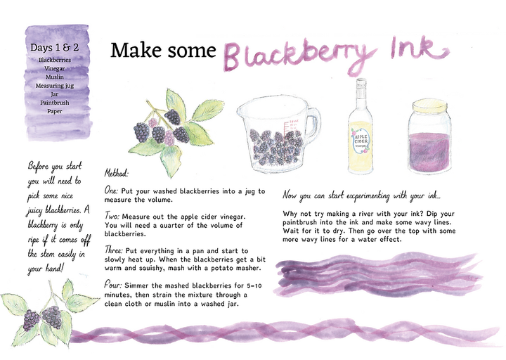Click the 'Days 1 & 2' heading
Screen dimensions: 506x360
[x=54, y=48]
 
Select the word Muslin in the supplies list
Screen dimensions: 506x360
[x=55, y=77]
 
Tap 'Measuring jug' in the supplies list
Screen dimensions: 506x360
[x=55, y=86]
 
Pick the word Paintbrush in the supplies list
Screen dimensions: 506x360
[x=55, y=103]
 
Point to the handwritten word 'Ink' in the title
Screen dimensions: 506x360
[x=420, y=49]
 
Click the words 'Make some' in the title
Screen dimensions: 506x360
[x=163, y=51]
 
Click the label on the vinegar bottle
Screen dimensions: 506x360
[x=361, y=141]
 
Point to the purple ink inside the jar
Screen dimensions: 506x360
[x=429, y=151]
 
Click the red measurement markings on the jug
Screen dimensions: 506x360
[x=290, y=124]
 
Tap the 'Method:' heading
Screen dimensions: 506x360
[x=116, y=174]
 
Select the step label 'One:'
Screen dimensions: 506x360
[x=112, y=191]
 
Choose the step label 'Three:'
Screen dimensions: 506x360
[x=114, y=250]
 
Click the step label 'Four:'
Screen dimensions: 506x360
[x=112, y=285]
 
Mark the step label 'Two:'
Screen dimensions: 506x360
[x=112, y=216]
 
